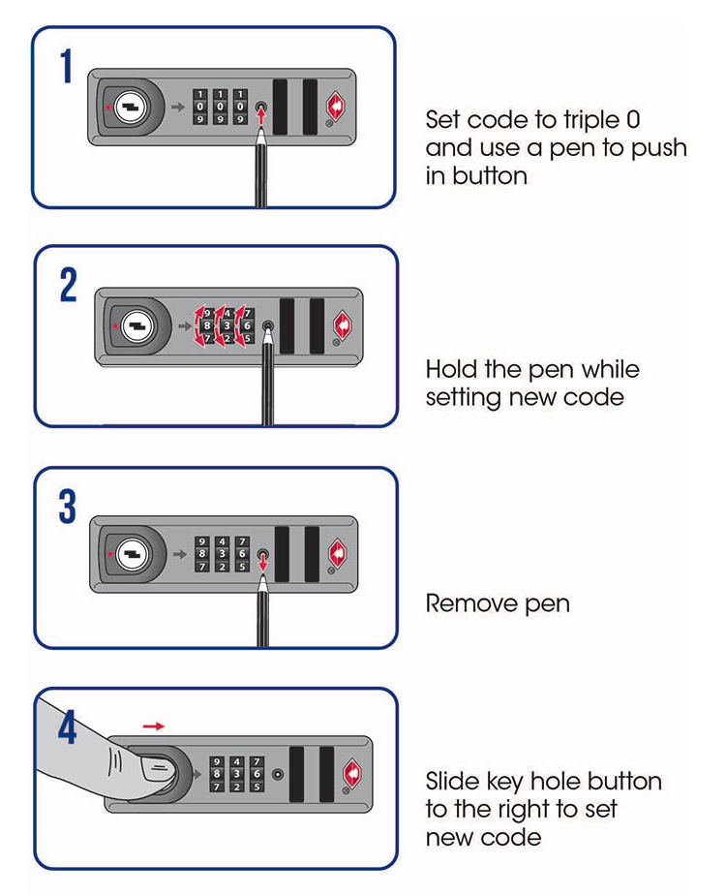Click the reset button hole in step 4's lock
point(278,775)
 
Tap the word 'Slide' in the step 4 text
point(452,781)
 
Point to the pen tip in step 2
point(268,341)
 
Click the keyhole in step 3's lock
point(127,553)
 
